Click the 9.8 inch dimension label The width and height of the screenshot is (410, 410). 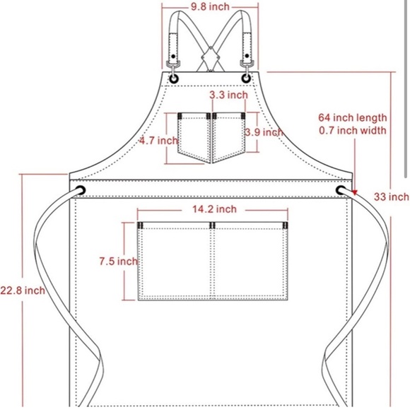(x=210, y=7)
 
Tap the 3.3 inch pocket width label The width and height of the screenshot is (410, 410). (x=228, y=95)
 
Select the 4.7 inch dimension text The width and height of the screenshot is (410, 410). (x=158, y=141)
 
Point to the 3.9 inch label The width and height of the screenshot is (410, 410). (x=264, y=132)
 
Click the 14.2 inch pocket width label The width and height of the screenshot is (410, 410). (x=214, y=209)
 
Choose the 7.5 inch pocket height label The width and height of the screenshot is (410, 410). (x=118, y=262)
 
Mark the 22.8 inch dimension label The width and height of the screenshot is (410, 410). (x=23, y=291)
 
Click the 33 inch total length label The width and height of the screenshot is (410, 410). (x=392, y=197)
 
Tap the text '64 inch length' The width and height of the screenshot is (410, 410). (x=353, y=118)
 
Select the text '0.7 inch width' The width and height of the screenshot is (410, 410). (x=353, y=131)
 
